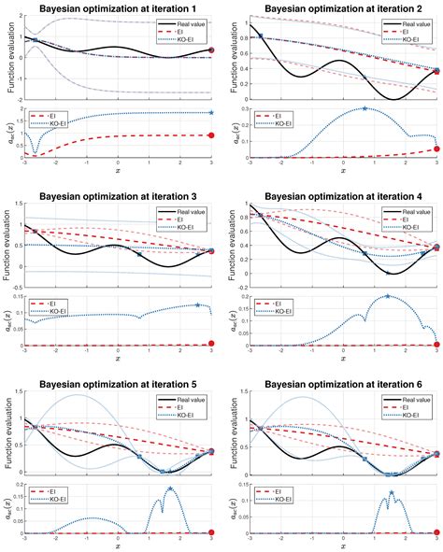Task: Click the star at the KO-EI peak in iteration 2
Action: (364, 109)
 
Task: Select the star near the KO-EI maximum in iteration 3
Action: (197, 304)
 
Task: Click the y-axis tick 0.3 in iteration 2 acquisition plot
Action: (240, 108)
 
